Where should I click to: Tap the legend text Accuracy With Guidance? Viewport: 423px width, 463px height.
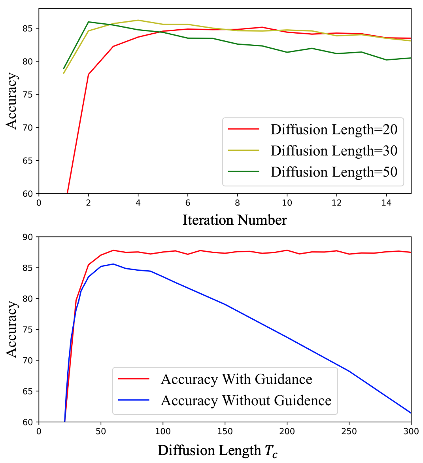coord(236,379)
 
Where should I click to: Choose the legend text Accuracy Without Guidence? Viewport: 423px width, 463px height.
coord(246,400)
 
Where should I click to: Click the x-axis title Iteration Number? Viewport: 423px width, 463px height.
coord(234,220)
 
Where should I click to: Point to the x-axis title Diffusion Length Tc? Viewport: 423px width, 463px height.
coord(217,450)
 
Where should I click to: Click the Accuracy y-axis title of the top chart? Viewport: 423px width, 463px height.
coord(12,101)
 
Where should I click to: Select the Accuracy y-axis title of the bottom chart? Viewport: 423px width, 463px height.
coord(12,329)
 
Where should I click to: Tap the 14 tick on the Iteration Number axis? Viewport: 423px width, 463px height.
coord(386,203)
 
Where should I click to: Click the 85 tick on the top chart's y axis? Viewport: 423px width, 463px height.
coord(30,28)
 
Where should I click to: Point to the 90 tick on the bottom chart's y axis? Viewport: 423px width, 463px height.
coord(30,237)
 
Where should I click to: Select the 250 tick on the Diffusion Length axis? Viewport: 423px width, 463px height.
coord(349,431)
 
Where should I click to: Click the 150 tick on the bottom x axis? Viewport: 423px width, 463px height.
coord(225,431)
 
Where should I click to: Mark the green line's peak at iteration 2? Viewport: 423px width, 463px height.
coord(89,22)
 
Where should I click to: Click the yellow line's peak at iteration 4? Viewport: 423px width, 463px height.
coord(138,20)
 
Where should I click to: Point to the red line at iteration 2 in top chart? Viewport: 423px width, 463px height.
coord(89,74)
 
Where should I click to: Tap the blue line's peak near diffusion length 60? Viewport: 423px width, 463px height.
coord(113,264)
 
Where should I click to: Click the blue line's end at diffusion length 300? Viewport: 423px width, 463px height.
coord(411,413)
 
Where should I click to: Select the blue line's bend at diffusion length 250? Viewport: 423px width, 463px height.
coord(349,371)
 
